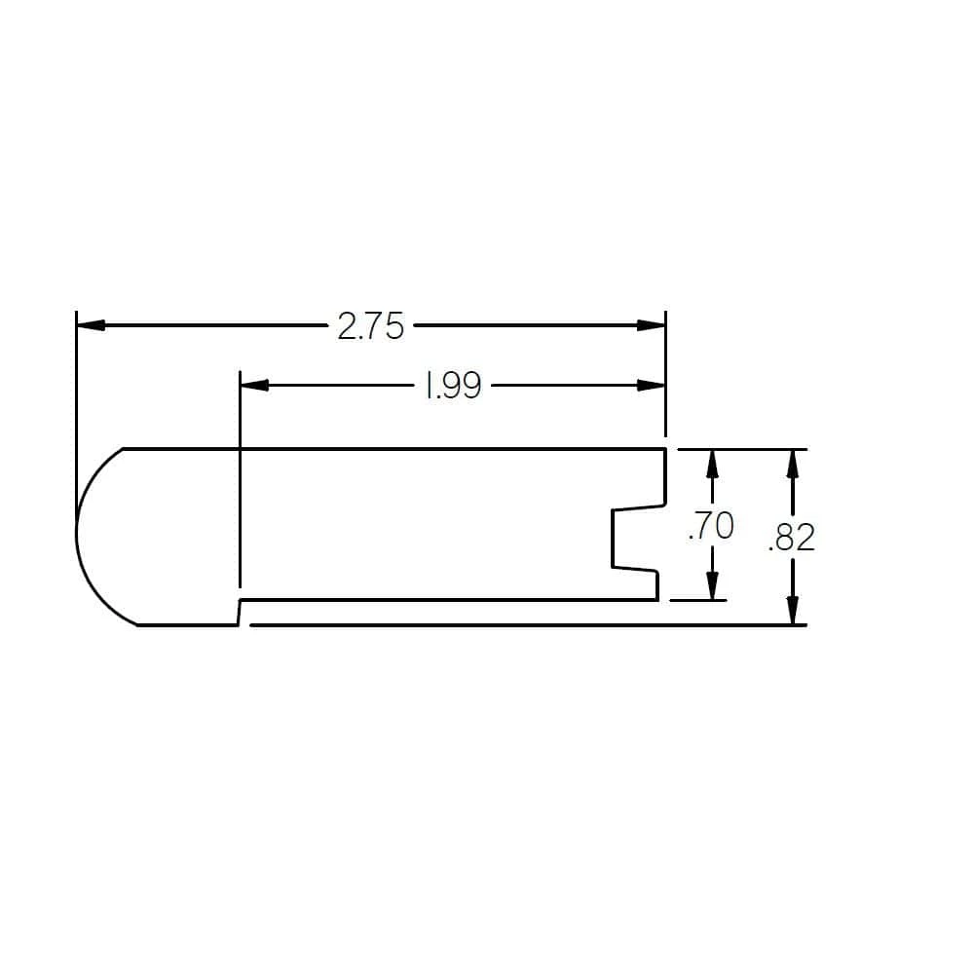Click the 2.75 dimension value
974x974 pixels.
[370, 326]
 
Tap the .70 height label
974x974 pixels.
[710, 526]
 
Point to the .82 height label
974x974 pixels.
[791, 538]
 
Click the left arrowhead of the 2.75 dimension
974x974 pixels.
[91, 325]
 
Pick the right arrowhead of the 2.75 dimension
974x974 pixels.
[652, 325]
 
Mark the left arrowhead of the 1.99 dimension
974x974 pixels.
[254, 386]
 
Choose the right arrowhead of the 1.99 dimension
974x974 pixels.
[652, 386]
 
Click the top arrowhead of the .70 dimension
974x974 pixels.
[712, 463]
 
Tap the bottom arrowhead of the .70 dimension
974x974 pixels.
[712, 585]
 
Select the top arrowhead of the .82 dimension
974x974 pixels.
[794, 463]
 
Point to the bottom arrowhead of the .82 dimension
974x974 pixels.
[794, 611]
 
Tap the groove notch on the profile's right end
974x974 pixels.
[623, 538]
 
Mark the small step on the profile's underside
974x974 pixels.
[240, 613]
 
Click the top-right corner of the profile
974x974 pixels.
[665, 449]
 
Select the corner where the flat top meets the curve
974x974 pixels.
[123, 449]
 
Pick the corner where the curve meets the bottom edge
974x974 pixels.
[138, 625]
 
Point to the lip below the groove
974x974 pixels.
[656, 584]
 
